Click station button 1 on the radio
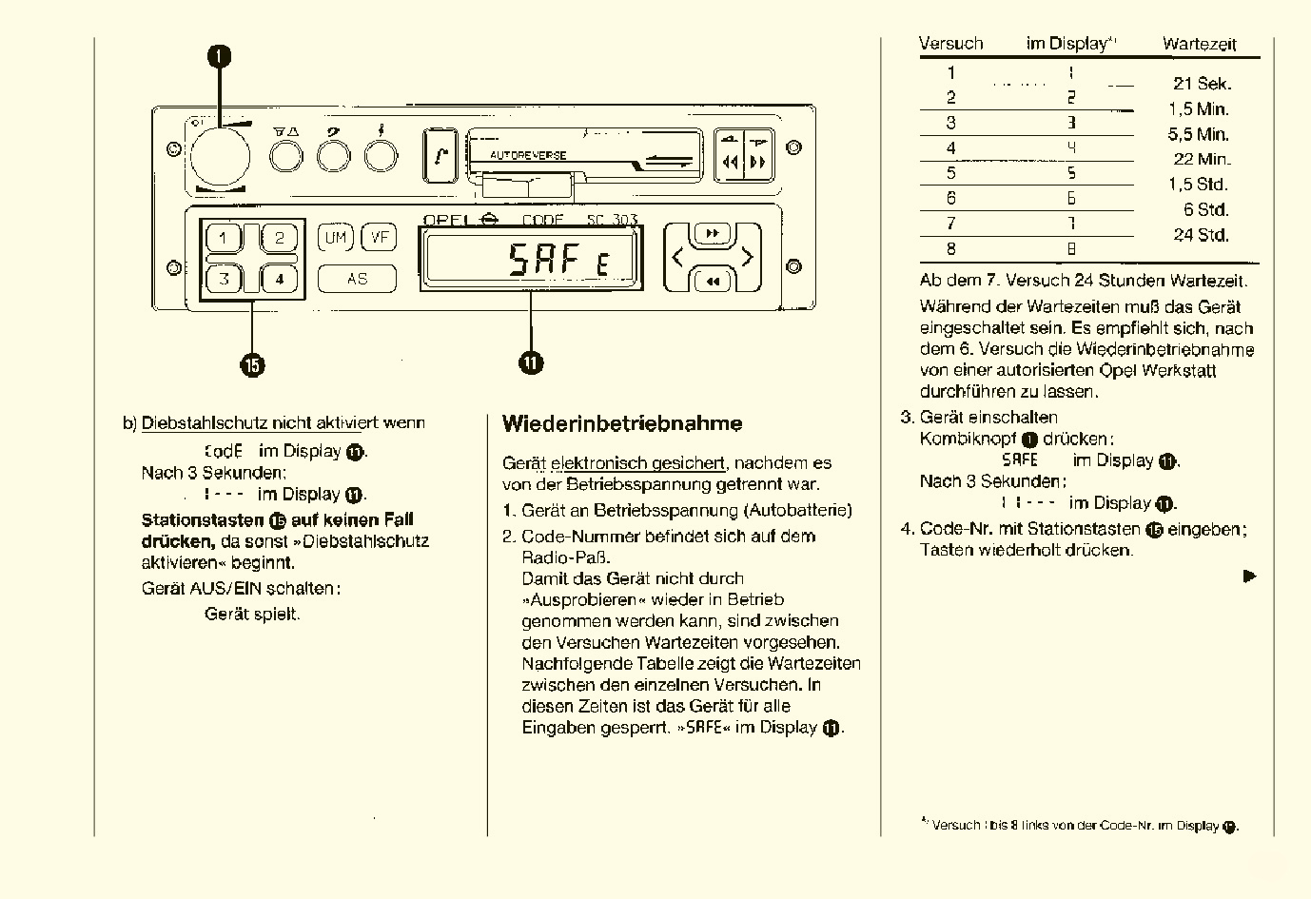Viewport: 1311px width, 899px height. (225, 238)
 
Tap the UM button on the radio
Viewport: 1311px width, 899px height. (335, 238)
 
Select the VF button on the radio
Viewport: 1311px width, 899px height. (380, 238)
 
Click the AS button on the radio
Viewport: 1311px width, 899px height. (357, 279)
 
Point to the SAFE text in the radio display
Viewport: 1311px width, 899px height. (557, 260)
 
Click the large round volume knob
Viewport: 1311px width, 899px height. (220, 157)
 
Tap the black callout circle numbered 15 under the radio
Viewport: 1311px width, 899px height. (252, 364)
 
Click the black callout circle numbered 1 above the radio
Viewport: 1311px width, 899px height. (220, 56)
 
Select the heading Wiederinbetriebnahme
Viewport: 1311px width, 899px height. (622, 423)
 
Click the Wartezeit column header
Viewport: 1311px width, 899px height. (1199, 44)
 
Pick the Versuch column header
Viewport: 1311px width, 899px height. (950, 44)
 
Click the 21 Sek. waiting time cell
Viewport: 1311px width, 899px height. (1202, 84)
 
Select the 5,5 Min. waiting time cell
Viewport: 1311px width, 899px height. (1199, 134)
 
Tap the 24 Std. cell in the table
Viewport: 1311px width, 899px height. (1201, 235)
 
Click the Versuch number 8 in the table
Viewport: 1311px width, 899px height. (950, 249)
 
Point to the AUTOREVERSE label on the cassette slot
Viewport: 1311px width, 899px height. (528, 155)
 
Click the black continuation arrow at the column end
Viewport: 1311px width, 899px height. (1249, 576)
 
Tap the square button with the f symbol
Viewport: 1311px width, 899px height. (440, 155)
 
